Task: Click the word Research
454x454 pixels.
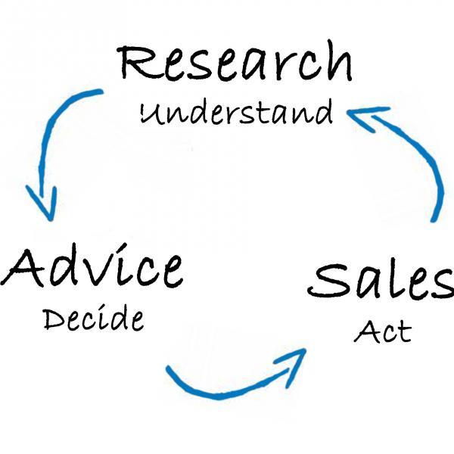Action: (235, 61)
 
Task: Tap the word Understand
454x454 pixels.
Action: (237, 112)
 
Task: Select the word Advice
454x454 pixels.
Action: (92, 266)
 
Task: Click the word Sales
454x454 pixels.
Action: (381, 281)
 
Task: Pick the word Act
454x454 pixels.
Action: (382, 331)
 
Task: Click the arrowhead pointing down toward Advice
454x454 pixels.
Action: (43, 203)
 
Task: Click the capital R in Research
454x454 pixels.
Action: (134, 62)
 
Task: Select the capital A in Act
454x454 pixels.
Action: (365, 331)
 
